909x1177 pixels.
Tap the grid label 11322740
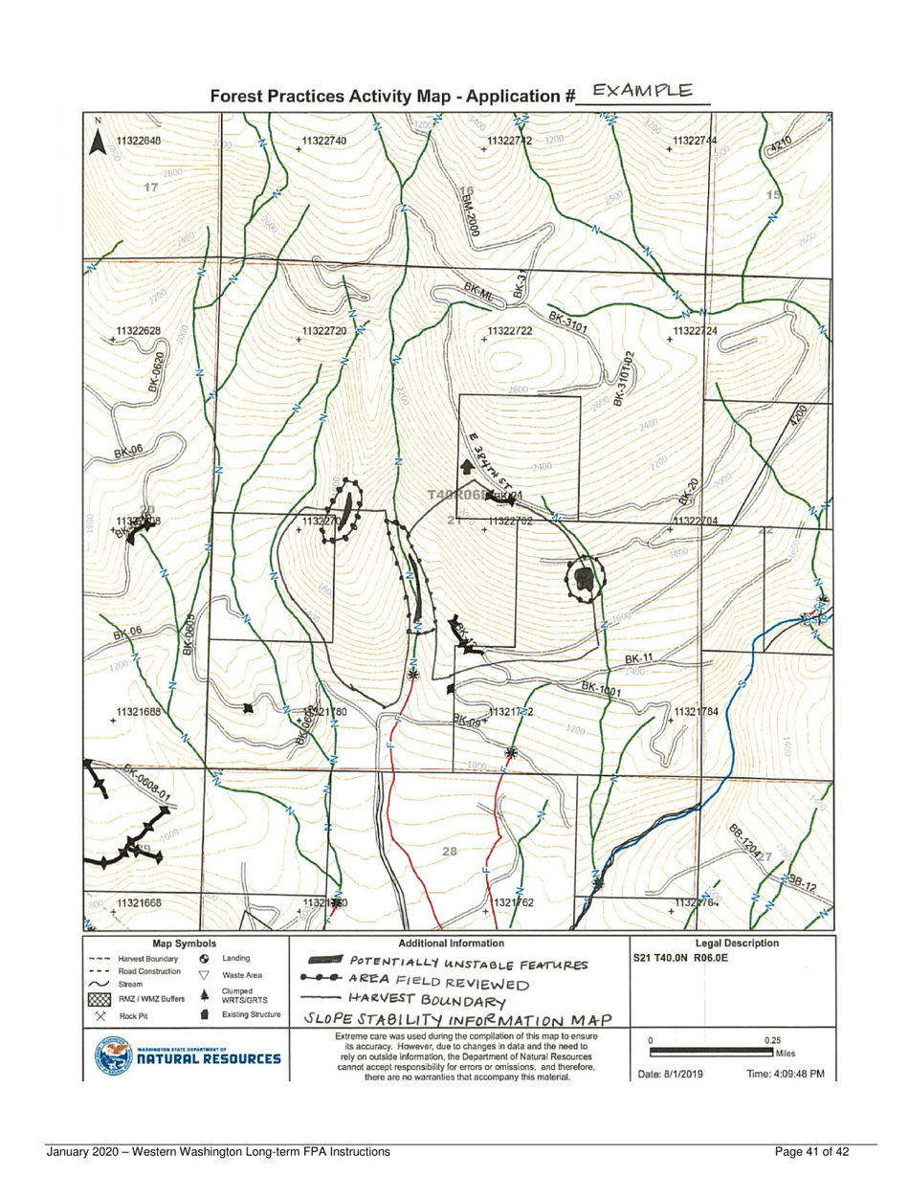click(x=323, y=141)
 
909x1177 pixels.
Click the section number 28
click(x=454, y=852)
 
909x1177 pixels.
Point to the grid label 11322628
click(x=138, y=331)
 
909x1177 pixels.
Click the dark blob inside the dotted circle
click(x=586, y=580)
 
